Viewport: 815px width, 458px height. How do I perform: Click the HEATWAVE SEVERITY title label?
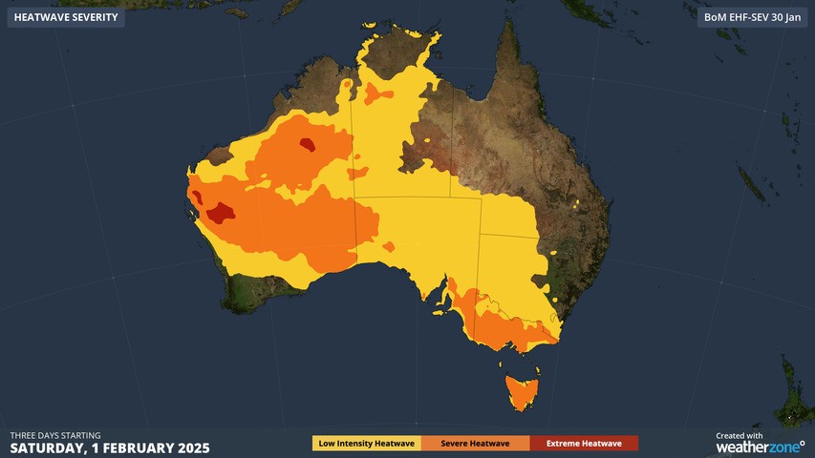[66, 17]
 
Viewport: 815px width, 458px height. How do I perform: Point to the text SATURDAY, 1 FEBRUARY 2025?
[110, 448]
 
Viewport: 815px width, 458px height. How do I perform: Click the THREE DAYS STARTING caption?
[55, 435]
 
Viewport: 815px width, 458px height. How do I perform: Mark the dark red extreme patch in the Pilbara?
[308, 145]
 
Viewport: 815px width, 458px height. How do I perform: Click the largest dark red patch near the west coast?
[222, 212]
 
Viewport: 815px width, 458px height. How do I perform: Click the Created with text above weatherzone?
[740, 435]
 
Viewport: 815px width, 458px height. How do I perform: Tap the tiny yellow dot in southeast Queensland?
[577, 203]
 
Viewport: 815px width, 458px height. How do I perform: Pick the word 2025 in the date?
[192, 448]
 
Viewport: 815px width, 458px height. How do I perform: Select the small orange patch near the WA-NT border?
[358, 174]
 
